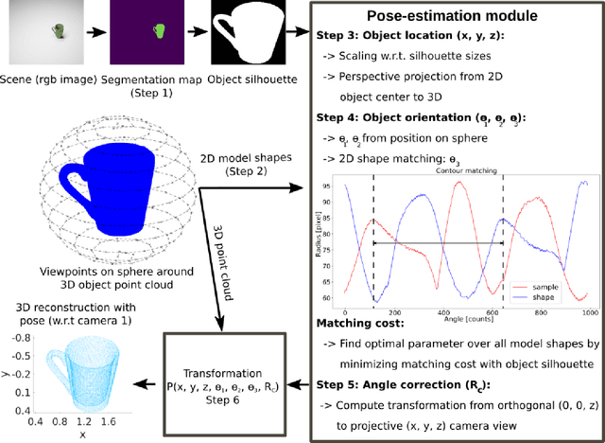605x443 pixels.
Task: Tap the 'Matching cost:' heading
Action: [x=354, y=325]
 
